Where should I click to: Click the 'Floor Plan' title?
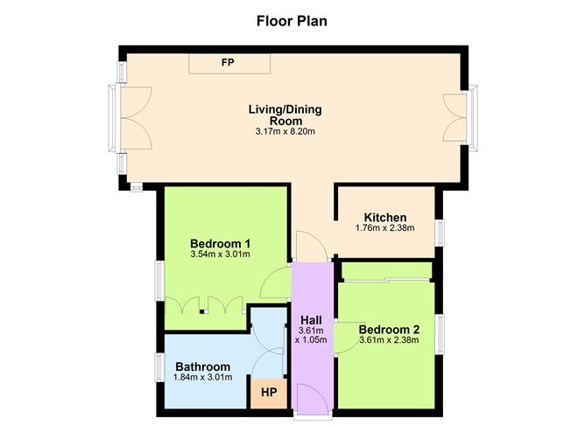(292, 20)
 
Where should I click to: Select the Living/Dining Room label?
(285, 115)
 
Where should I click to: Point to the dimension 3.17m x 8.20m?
(285, 131)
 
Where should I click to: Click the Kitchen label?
(384, 217)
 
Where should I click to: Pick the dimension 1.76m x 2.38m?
(384, 228)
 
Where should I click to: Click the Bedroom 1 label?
(221, 242)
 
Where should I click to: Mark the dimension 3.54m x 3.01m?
(221, 254)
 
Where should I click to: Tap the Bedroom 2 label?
(389, 329)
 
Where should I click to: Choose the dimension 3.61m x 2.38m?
(389, 340)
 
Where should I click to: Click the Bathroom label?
(202, 366)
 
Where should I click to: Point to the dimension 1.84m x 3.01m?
(202, 378)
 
